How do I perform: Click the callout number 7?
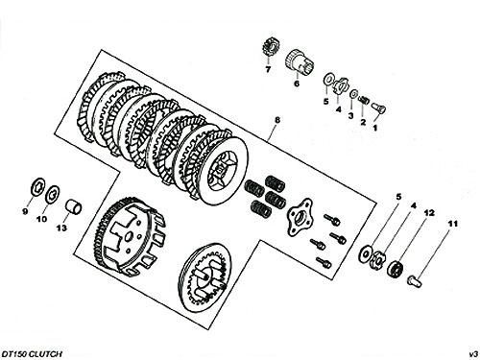[268, 69]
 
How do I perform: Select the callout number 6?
[297, 84]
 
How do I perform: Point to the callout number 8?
[277, 120]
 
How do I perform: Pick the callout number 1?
[375, 128]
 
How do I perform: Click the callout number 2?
[363, 122]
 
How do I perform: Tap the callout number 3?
[351, 116]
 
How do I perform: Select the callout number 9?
[25, 211]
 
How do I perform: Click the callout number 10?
[42, 219]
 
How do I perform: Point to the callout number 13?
[61, 228]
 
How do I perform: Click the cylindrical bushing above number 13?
[74, 207]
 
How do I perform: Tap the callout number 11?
[452, 224]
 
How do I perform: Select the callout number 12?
[429, 213]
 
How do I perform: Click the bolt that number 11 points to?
[415, 280]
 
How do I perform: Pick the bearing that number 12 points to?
[396, 268]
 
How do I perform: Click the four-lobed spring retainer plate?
[300, 217]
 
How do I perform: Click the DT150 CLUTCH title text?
[32, 354]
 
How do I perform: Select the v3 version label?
[473, 354]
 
